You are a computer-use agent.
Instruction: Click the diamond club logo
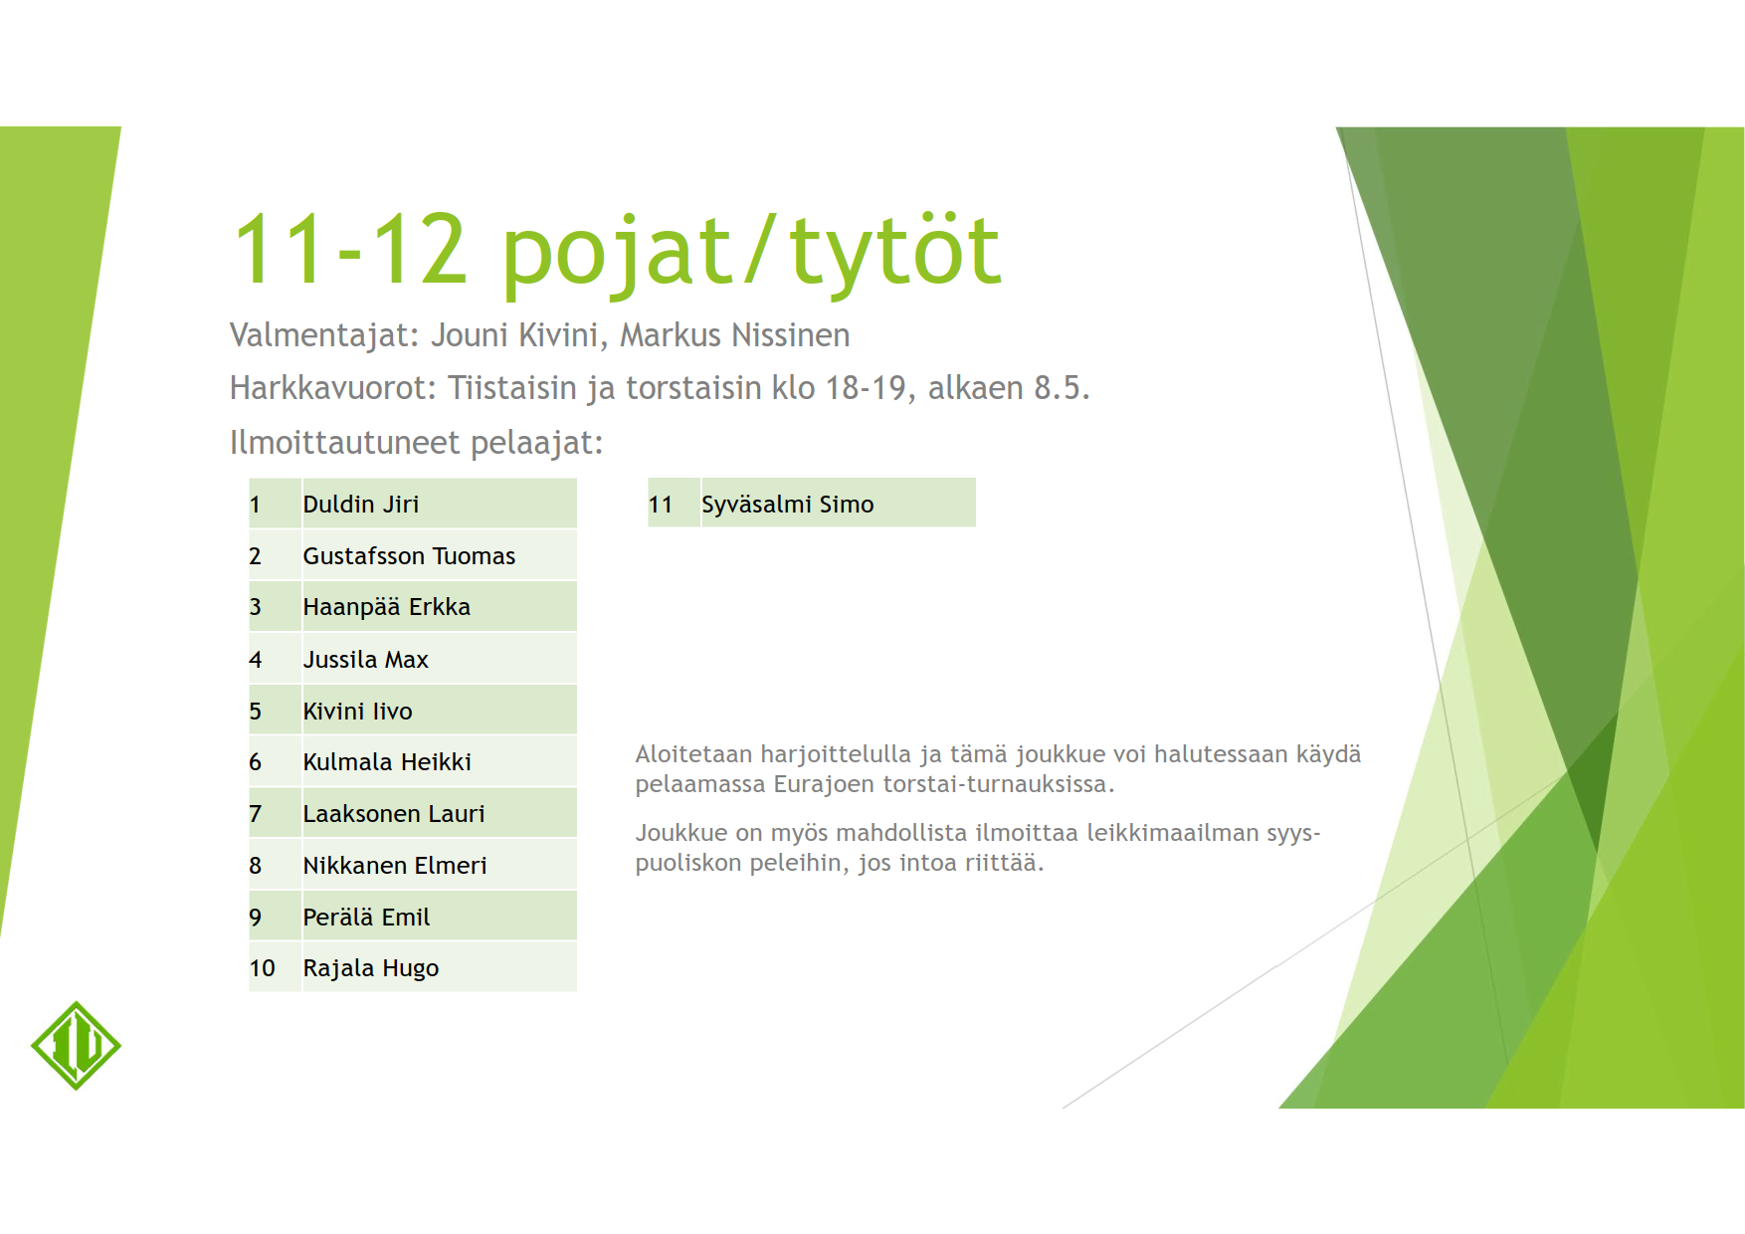[x=76, y=1046]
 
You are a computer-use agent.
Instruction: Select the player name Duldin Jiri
[x=360, y=505]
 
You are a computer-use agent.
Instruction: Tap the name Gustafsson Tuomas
[x=409, y=556]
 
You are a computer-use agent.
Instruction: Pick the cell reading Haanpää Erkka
[x=386, y=607]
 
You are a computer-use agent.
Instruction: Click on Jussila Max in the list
[x=365, y=660]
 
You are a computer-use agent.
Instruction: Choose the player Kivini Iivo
[x=357, y=712]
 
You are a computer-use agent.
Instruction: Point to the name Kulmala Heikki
[x=387, y=762]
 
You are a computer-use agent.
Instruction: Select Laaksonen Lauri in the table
[x=394, y=814]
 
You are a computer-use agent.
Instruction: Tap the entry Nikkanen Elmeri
[x=395, y=866]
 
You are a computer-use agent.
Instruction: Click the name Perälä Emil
[x=366, y=918]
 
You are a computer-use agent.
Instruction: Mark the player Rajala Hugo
[x=370, y=968]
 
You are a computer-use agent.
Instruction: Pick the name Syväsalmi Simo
[x=787, y=505]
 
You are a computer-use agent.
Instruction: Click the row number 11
[x=661, y=505]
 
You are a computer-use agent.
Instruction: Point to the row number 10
[x=262, y=968]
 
